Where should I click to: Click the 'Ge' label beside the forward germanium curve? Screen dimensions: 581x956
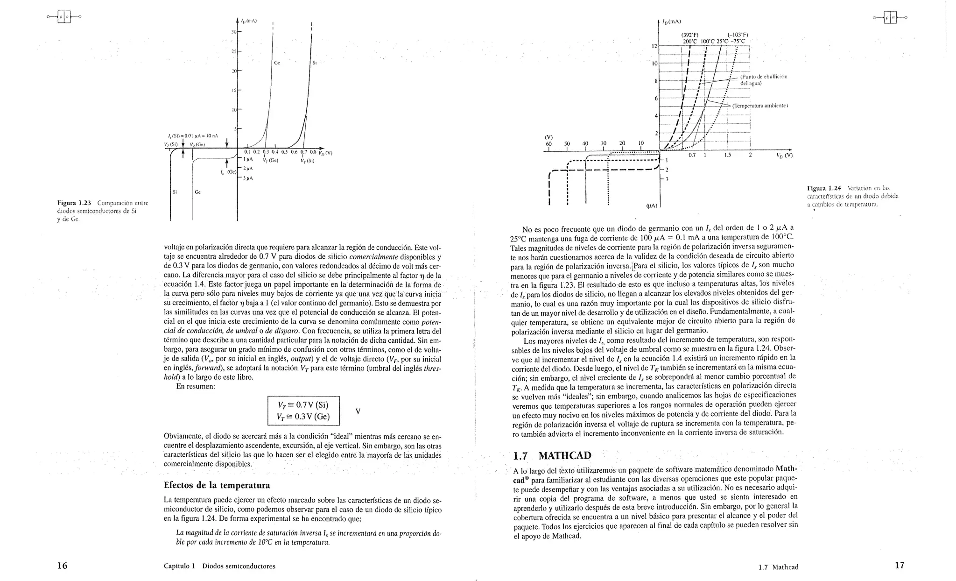click(x=277, y=63)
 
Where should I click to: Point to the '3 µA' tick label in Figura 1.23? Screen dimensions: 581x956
click(x=248, y=178)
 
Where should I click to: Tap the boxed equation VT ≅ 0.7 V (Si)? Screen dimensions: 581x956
click(x=303, y=405)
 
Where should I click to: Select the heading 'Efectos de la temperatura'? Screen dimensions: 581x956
click(x=217, y=485)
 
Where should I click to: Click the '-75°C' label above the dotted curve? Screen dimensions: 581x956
click(x=738, y=41)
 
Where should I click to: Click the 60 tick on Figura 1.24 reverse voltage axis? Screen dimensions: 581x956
click(x=548, y=143)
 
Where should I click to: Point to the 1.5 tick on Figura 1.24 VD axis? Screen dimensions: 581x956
click(x=727, y=155)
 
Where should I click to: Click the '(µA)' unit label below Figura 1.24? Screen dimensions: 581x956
click(x=652, y=205)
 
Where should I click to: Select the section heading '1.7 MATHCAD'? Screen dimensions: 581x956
click(x=552, y=456)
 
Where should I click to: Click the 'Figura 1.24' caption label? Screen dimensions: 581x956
click(x=827, y=188)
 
